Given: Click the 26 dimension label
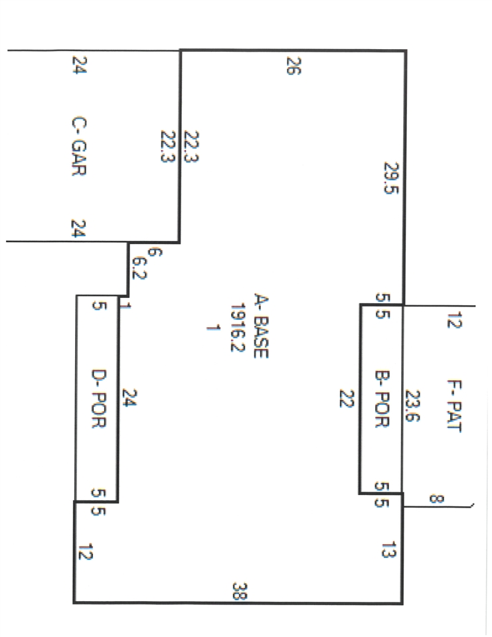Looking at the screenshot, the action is pos(293,66).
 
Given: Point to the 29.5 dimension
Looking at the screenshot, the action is pos(391,178).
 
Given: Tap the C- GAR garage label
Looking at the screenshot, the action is pos(78,146).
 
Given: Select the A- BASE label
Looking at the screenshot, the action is pos(261,326).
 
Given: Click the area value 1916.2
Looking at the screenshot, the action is pos(237,327).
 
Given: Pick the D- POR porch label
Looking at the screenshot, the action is pos(98,399).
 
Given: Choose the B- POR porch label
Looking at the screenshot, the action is pos(382,399).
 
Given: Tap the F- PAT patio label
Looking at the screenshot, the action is pos(454,406).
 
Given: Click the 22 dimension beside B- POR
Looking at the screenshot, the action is pos(347,399).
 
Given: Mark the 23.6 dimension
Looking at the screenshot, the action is pos(412,406).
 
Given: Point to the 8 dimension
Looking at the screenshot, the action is pos(437,498).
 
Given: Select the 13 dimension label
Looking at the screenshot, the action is pos(388,549).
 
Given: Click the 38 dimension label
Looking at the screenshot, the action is pos(240,591).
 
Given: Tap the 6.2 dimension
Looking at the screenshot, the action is pos(139,268).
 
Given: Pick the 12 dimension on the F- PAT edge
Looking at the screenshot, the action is pos(455,320).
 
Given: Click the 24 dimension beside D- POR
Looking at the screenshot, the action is pos(129,397).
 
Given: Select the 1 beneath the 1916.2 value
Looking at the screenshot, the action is pos(213,327).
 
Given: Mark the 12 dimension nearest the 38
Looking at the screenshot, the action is pos(86,551).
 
